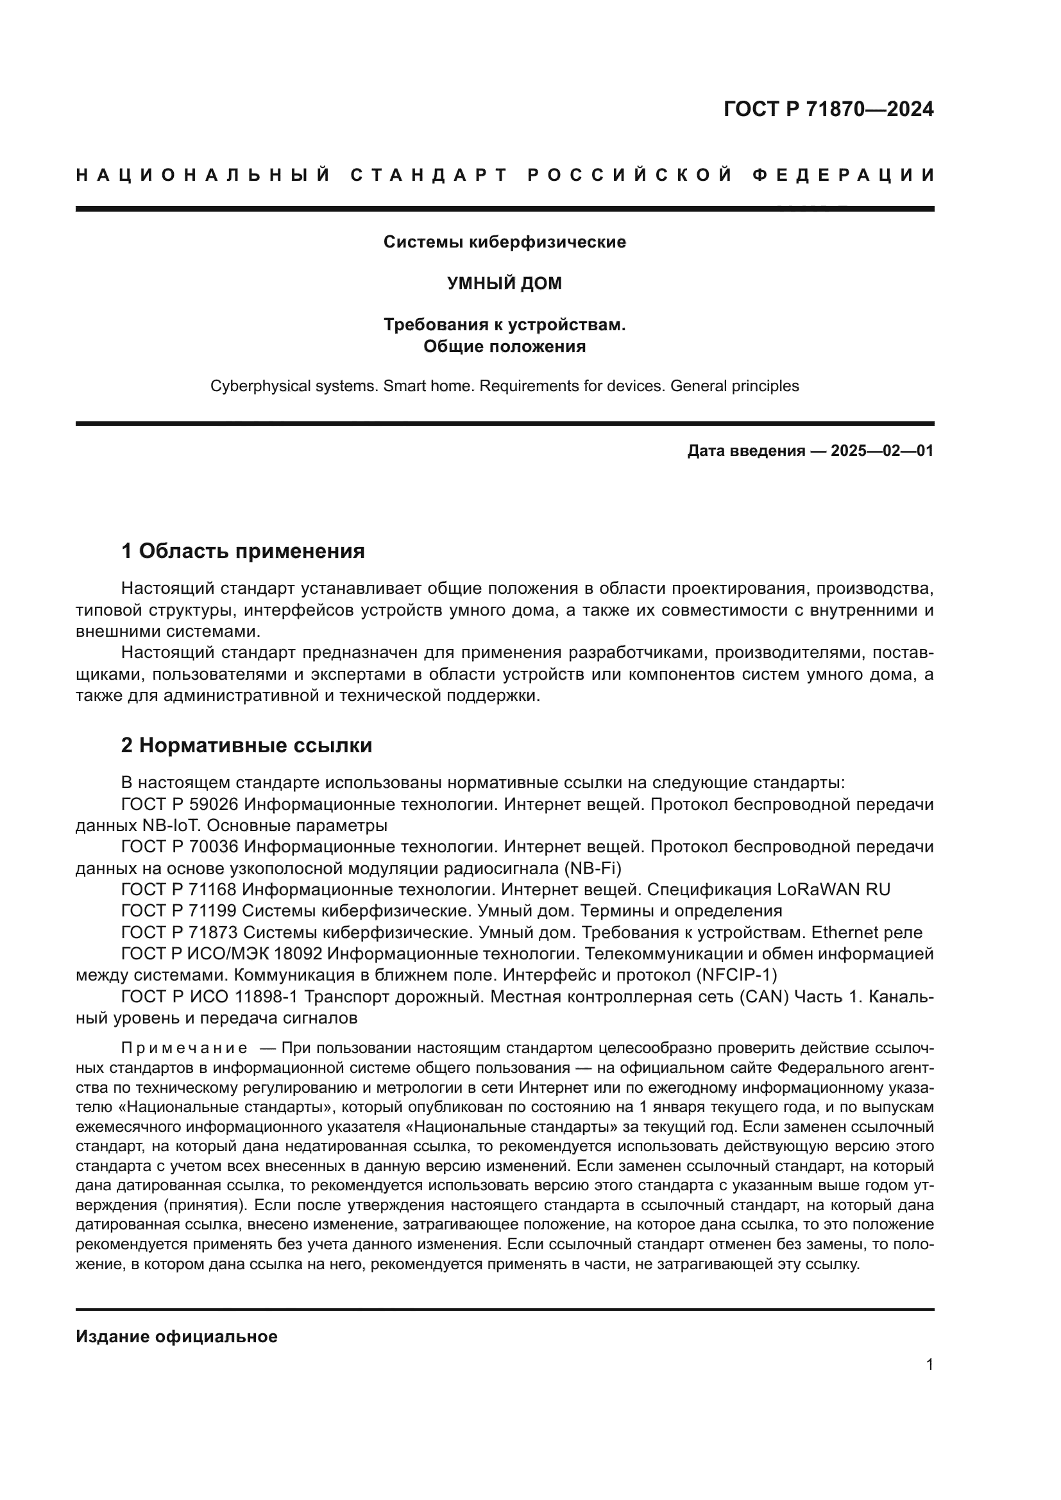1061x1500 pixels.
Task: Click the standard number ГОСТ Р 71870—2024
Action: click(828, 109)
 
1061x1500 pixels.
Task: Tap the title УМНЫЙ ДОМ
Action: click(504, 283)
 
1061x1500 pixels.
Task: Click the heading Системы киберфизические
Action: click(504, 242)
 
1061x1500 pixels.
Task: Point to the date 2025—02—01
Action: click(882, 451)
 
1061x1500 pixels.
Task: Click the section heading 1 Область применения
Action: click(242, 552)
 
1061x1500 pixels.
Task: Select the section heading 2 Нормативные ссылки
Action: click(246, 745)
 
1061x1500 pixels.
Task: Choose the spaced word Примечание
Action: click(184, 1049)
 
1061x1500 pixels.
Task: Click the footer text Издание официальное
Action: click(176, 1336)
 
